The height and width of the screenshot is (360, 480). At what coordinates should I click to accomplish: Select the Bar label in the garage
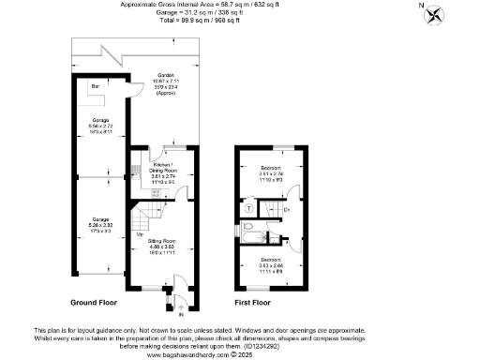coord(94,88)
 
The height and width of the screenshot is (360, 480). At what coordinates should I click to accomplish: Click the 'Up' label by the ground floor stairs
coord(141,235)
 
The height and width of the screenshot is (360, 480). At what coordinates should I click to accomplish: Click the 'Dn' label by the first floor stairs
coord(287,209)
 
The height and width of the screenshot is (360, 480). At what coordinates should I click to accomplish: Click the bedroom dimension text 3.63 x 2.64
coord(271,265)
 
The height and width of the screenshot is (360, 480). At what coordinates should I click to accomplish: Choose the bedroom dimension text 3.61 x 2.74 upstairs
coord(271,174)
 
